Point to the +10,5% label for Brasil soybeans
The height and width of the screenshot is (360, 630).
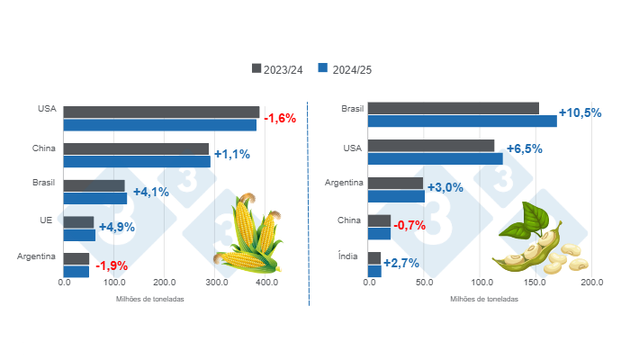[x=580, y=113]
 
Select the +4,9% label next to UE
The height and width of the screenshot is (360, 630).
[x=116, y=227]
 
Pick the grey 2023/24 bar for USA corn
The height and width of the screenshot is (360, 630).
[x=161, y=112]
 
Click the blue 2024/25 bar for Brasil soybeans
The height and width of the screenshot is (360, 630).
[x=463, y=121]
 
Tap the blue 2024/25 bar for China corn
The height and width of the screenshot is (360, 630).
[x=137, y=161]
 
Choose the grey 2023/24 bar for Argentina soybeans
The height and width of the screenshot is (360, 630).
[x=396, y=183]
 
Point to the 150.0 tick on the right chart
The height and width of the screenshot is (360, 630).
[x=535, y=282]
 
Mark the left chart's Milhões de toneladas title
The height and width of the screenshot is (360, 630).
[x=150, y=299]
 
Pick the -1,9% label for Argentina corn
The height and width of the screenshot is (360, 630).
[x=111, y=265]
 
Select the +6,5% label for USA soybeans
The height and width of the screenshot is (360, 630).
[x=525, y=149]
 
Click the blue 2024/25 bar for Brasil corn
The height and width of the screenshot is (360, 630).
[x=95, y=198]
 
